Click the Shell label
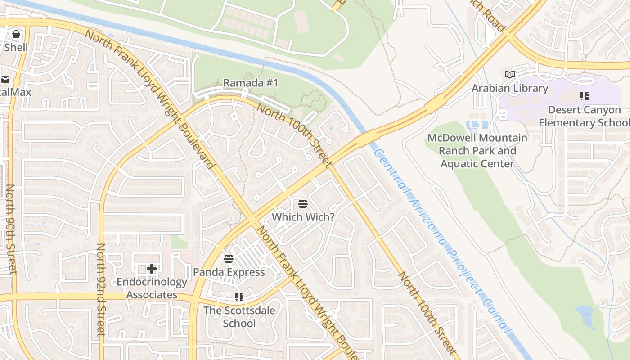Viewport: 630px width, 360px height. point(16,47)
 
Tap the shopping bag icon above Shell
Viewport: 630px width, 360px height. point(16,34)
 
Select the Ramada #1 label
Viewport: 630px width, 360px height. point(251,83)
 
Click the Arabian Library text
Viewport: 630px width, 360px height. point(509,88)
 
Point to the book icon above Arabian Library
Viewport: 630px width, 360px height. point(509,74)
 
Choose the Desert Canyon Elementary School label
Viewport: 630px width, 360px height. point(584,116)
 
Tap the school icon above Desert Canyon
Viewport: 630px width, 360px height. point(584,96)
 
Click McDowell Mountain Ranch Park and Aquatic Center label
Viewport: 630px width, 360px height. point(477,151)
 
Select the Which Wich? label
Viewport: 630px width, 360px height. point(303,217)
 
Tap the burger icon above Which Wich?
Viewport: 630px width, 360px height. point(303,203)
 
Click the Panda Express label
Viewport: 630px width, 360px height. point(229,272)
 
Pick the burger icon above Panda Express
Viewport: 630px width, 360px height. point(229,258)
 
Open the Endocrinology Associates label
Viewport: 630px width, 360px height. point(152,288)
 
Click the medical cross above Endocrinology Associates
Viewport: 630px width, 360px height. point(152,269)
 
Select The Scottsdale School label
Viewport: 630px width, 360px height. point(239,317)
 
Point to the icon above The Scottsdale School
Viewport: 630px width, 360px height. point(239,297)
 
